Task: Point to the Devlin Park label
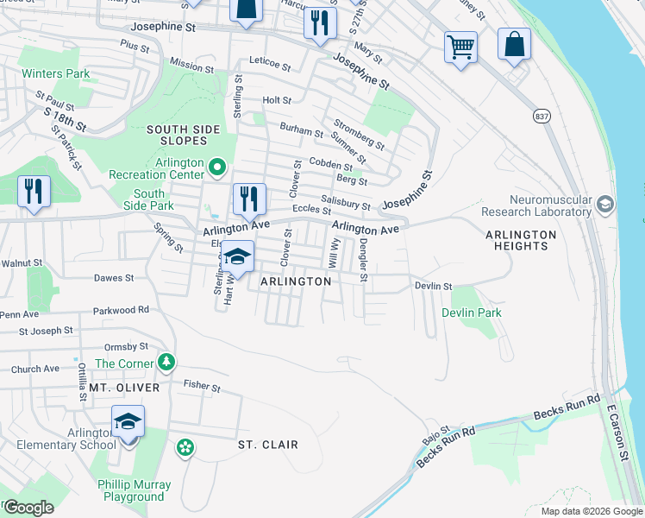click(x=472, y=313)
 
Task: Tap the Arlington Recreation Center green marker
click(x=217, y=166)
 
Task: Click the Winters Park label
click(x=56, y=74)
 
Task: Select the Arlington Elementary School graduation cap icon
click(x=128, y=421)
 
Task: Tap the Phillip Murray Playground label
click(x=134, y=490)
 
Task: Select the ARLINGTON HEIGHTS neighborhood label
click(x=521, y=241)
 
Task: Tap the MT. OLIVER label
click(x=125, y=388)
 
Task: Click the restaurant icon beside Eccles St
click(x=247, y=199)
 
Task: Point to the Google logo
click(x=28, y=508)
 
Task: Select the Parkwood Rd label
click(x=122, y=309)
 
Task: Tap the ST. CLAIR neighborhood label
click(x=268, y=445)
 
